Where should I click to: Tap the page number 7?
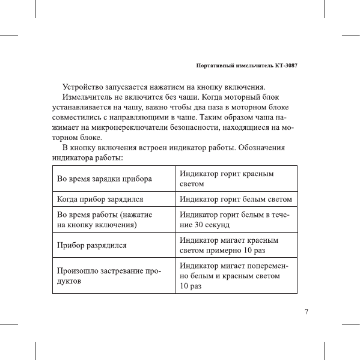pyautogui.click(x=307, y=312)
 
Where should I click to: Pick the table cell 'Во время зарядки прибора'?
pyautogui.click(x=104, y=179)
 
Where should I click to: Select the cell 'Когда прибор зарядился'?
pyautogui.click(x=100, y=198)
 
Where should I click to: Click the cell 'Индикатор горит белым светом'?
pyautogui.click(x=236, y=198)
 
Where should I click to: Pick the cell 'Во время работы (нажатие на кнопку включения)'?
pyautogui.click(x=104, y=219)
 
